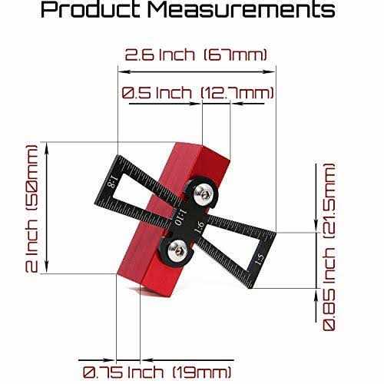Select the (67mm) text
[236, 55]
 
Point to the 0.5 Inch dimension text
[157, 93]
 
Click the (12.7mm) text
[237, 93]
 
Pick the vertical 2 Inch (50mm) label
[31, 208]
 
